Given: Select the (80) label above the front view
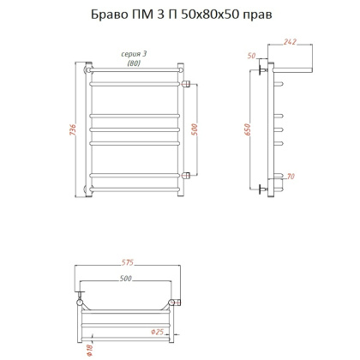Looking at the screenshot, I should (134, 64).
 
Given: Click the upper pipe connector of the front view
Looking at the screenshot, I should (186, 83).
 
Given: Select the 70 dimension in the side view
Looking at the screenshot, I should (291, 177).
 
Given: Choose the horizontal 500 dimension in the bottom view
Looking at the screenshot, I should (125, 279).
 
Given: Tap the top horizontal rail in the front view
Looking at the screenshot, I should (135, 84).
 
